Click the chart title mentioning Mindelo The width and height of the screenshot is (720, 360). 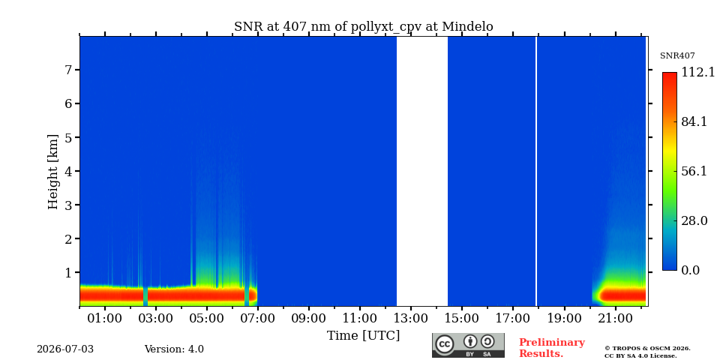coord(364,27)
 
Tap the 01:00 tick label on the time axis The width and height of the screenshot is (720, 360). coord(106,318)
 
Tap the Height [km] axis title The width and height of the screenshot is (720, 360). coord(54,172)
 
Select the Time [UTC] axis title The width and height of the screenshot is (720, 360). coord(363,336)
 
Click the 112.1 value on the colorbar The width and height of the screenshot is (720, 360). coord(698,73)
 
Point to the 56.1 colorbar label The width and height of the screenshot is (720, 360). coord(694,171)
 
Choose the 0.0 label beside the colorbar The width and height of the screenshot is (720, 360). coord(691,271)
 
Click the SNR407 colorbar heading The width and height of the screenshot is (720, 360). coord(677,56)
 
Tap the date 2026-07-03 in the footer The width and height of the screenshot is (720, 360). coord(65,349)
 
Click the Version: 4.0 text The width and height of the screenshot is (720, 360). coord(174,349)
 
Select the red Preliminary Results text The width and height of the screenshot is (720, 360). coord(552,348)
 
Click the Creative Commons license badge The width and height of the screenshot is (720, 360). coord(468,345)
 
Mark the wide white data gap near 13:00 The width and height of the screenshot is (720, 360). coord(422,171)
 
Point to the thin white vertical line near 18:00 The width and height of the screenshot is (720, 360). coord(535,171)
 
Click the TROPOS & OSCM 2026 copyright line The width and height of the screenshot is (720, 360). coord(647,349)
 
